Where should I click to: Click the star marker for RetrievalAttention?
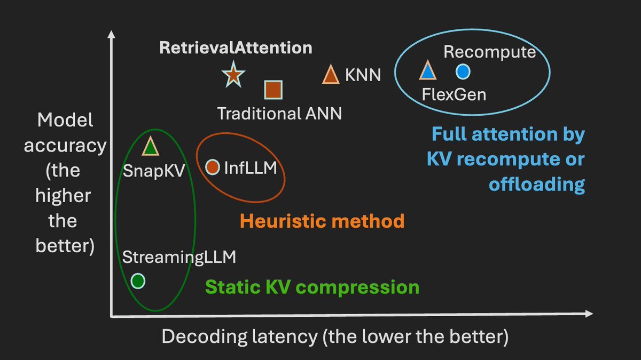(233, 75)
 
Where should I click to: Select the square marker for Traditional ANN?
(273, 90)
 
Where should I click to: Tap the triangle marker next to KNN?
(331, 75)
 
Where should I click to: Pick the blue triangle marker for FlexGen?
(427, 71)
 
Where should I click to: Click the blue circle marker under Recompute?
(463, 71)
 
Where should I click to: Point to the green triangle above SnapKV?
(151, 146)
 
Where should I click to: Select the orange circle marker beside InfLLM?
(213, 167)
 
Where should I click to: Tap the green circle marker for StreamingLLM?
(138, 281)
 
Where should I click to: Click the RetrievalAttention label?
(236, 47)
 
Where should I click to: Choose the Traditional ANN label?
(279, 113)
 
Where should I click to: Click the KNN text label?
(363, 75)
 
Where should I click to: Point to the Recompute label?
(489, 52)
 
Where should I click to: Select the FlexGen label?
(454, 94)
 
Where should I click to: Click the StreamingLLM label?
(179, 257)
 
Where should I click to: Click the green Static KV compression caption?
(312, 287)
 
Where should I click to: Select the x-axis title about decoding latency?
(335, 337)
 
